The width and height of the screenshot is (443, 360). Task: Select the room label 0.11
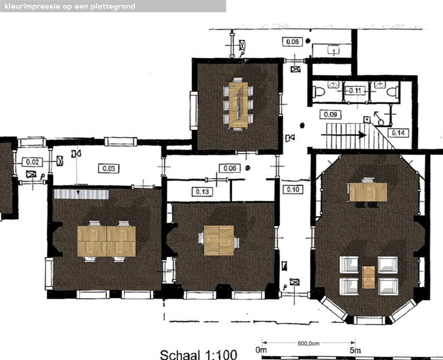pos(355,90)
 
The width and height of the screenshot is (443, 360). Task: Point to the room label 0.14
pos(398,133)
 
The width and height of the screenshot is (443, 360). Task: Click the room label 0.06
pos(228,168)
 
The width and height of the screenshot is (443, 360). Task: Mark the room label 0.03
pos(108,168)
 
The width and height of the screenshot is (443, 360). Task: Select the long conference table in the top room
pos(238,105)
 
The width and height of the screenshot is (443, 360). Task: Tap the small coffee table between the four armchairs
pos(369,277)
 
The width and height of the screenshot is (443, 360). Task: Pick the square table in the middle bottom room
pos(218,240)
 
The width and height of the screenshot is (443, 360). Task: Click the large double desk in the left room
pos(106,241)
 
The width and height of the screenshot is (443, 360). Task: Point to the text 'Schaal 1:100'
pos(198,354)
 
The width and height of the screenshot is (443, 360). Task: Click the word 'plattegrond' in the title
pos(111,6)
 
